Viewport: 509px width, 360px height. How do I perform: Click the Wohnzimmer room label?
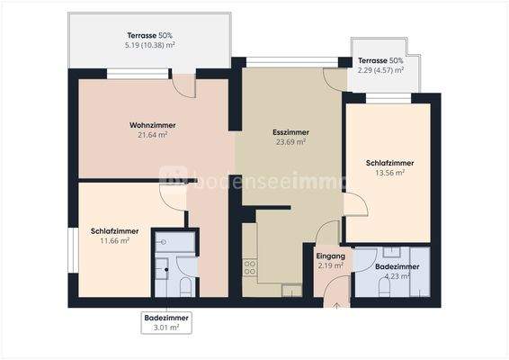click(x=152, y=125)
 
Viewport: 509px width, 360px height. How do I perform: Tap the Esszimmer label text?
click(x=290, y=131)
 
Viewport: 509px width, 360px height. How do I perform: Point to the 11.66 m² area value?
click(x=114, y=241)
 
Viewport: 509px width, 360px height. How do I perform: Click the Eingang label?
click(x=330, y=256)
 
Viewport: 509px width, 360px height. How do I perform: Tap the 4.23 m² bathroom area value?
click(x=397, y=276)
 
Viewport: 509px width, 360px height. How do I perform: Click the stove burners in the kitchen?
click(x=249, y=267)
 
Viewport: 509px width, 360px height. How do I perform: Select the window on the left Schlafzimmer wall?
click(x=72, y=251)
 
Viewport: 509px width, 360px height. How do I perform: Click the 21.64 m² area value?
click(x=153, y=135)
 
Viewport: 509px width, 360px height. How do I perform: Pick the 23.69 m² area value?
click(x=290, y=141)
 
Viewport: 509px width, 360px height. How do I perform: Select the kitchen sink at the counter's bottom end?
click(x=291, y=289)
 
